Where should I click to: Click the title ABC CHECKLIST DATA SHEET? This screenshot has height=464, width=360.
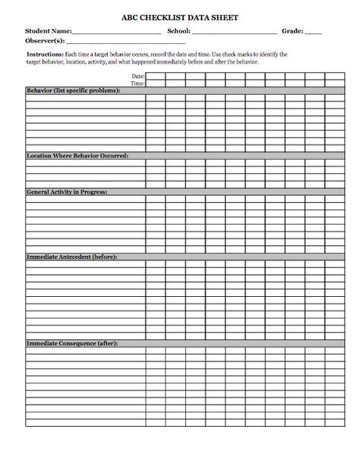179,16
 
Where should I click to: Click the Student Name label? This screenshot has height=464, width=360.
48,31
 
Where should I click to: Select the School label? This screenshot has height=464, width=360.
178,31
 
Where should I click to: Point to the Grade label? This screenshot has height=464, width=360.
292,31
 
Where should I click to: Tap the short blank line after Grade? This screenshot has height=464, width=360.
314,33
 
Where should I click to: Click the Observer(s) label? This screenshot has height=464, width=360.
45,40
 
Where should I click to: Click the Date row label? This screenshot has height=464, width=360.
137,77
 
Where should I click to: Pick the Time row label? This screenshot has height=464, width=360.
137,84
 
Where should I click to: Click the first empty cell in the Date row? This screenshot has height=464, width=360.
156,77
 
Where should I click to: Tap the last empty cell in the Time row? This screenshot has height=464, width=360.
335,84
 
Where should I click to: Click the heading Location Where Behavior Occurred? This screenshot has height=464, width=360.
77,155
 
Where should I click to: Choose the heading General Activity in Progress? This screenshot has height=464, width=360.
67,191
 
